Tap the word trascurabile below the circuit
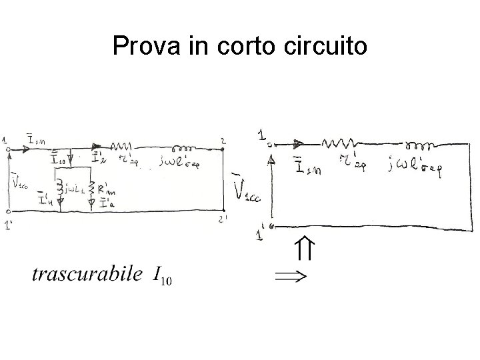pyautogui.click(x=87, y=273)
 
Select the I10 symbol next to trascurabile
pyautogui.click(x=162, y=275)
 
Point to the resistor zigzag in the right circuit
pyautogui.click(x=339, y=142)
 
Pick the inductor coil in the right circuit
pyautogui.click(x=419, y=144)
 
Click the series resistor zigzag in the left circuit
pyautogui.click(x=122, y=147)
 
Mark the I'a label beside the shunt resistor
pyautogui.click(x=105, y=203)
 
